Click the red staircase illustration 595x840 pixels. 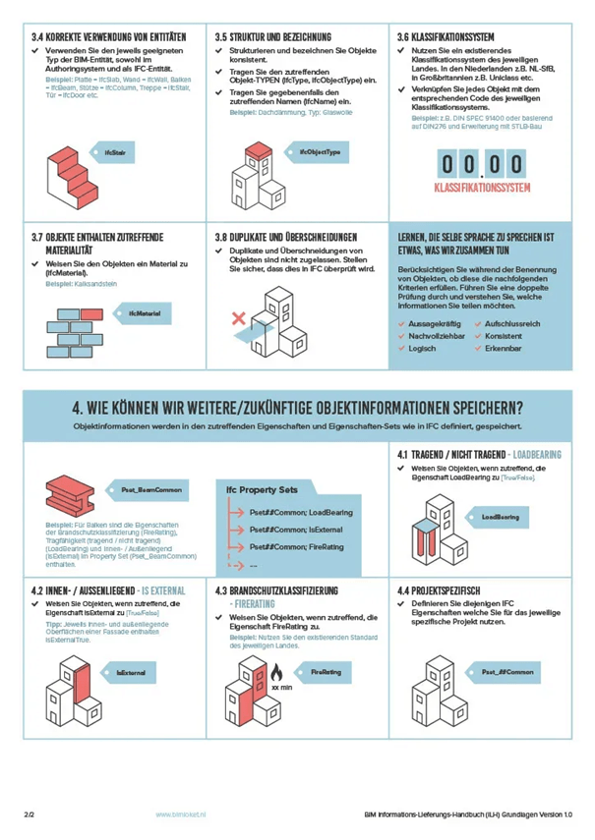tap(69, 170)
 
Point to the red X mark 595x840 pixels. tap(237, 318)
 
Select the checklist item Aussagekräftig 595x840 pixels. tap(439, 321)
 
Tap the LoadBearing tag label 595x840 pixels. tap(500, 516)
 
